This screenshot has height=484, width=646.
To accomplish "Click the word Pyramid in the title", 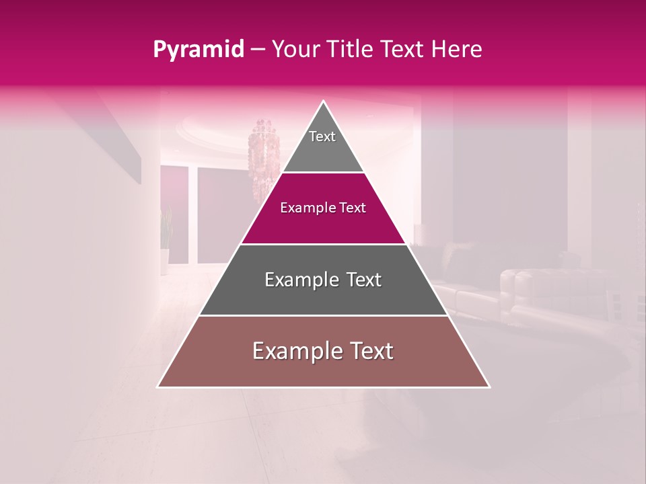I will (199, 50).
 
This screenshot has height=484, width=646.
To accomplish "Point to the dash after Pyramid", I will (258, 50).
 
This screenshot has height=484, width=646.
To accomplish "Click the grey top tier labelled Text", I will (323, 145).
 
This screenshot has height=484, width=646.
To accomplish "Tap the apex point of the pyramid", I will (324, 102).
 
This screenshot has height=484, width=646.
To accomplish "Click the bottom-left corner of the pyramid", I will (158, 387).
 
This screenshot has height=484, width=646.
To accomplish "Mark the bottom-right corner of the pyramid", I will (489, 387).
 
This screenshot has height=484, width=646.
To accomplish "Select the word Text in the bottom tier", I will (372, 351).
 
